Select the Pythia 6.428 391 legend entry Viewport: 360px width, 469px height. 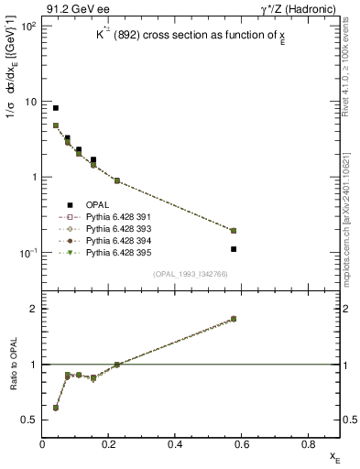point(115,217)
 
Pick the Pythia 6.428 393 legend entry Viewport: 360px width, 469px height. point(115,229)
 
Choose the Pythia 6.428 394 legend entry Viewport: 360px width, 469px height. point(115,241)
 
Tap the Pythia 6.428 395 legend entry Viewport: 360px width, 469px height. point(115,253)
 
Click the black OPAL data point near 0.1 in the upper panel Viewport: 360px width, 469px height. point(79,149)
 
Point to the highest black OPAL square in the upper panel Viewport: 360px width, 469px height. point(56,108)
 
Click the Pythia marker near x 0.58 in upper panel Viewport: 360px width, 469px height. point(234,231)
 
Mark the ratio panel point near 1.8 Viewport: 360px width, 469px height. point(234,319)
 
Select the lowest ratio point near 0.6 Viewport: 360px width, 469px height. point(56,408)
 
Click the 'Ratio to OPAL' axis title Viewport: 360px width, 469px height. point(14,365)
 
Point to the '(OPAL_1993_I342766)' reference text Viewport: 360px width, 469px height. point(191,274)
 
